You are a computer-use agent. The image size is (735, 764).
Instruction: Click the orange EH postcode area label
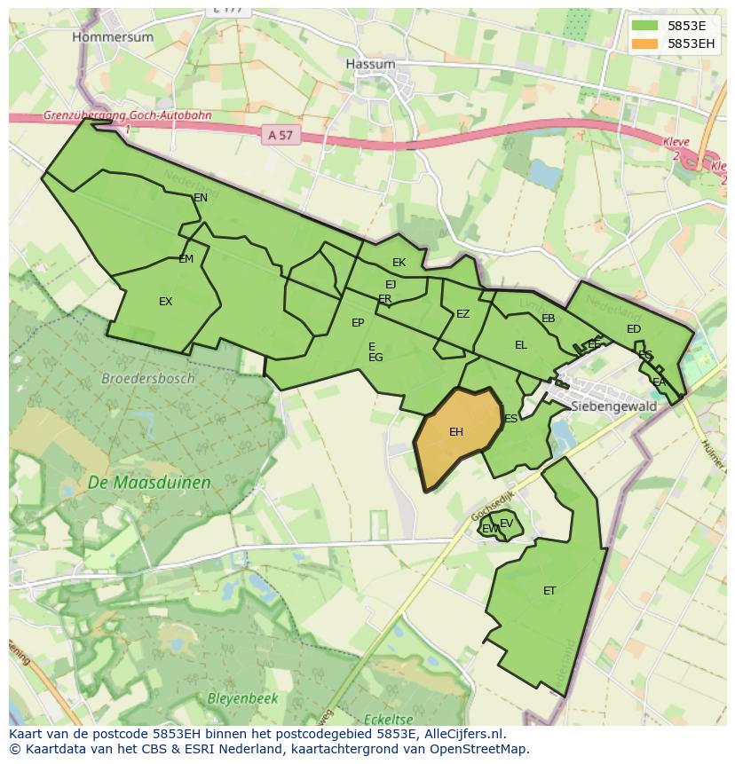(456, 432)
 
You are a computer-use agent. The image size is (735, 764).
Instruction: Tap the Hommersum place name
(113, 37)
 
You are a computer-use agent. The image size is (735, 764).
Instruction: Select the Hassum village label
(370, 64)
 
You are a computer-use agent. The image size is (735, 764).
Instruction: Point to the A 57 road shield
(280, 135)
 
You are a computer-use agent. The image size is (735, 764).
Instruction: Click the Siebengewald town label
(614, 406)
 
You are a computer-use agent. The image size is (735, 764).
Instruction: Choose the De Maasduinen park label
(149, 483)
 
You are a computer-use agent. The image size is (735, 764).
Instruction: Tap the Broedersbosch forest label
(147, 378)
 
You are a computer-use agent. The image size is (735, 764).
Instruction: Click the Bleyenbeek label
(242, 698)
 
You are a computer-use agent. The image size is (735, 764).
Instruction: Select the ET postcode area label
(549, 590)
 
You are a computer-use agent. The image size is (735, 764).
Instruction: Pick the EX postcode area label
(165, 302)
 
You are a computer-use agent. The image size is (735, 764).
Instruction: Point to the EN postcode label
(201, 197)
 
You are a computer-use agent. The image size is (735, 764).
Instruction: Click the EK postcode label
(399, 262)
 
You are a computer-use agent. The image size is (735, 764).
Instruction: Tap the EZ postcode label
(462, 314)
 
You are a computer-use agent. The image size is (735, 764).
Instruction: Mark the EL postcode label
(521, 345)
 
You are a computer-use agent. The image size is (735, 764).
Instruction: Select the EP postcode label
(358, 323)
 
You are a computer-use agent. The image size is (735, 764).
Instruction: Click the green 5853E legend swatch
(644, 26)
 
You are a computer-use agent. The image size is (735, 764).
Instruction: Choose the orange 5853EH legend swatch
(644, 43)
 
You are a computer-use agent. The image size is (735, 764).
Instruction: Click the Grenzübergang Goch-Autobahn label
(128, 115)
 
